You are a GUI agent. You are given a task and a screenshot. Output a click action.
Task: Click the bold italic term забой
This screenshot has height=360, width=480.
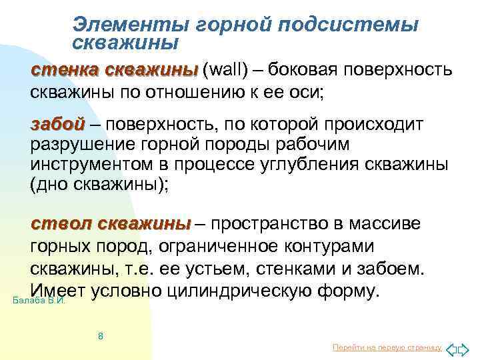57,124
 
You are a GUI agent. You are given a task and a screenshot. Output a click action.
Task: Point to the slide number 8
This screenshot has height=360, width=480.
100,335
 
